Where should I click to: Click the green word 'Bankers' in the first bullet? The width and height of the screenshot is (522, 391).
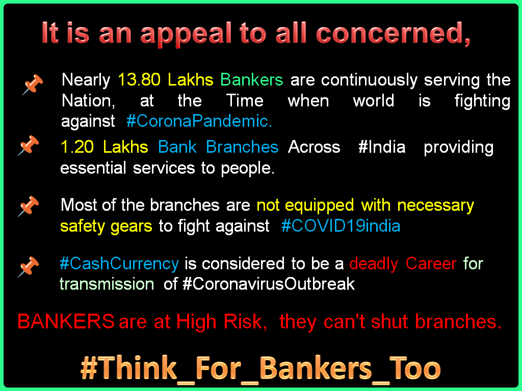[x=251, y=80]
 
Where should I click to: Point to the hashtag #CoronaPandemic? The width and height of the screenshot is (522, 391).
[x=199, y=121]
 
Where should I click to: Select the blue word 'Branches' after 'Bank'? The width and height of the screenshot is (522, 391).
[x=242, y=147]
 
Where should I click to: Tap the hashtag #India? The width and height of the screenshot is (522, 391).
[x=382, y=147]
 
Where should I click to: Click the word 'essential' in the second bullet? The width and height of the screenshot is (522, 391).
[x=94, y=168]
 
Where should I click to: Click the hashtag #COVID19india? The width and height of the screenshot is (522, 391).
[x=341, y=226]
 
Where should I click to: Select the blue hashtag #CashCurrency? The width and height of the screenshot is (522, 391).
[x=119, y=264]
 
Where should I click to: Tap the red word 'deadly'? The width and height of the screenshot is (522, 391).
[x=374, y=264]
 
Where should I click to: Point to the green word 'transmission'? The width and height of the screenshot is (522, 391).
[x=107, y=284]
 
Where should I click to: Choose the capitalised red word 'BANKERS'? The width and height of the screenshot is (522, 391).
[x=66, y=322]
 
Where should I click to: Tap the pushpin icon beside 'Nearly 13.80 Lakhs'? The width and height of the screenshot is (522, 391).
[x=33, y=84]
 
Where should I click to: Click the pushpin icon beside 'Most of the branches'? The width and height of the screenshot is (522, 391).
[x=29, y=206]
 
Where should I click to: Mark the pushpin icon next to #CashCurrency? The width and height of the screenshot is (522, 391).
[x=29, y=267]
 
